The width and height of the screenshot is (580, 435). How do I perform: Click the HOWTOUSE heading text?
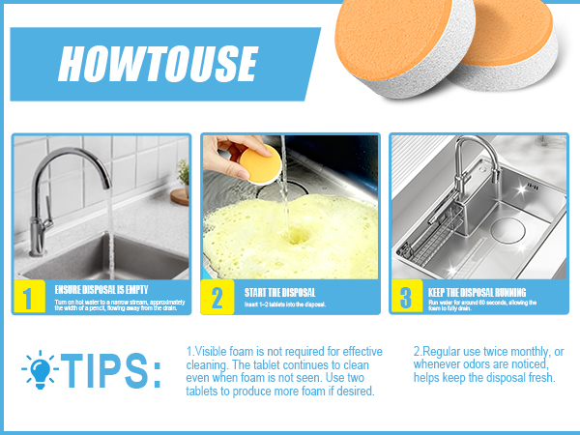(x=157, y=64)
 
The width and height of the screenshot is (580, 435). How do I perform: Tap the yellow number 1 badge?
(x=28, y=297)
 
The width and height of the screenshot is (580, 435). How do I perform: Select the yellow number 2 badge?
(x=217, y=297)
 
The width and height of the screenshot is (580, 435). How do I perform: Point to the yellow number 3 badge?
(x=406, y=297)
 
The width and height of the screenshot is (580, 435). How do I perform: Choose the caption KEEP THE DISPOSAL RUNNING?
(x=477, y=291)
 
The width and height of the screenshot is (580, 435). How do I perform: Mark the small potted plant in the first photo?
(x=182, y=173)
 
